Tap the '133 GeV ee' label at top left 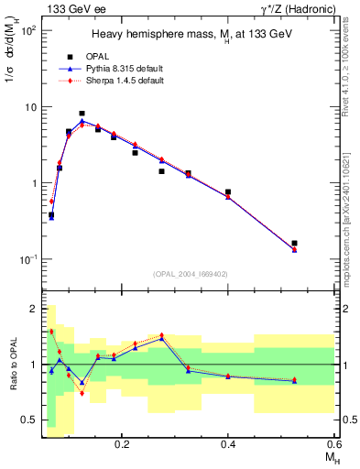[70, 9]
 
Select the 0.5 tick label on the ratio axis [30, 420]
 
